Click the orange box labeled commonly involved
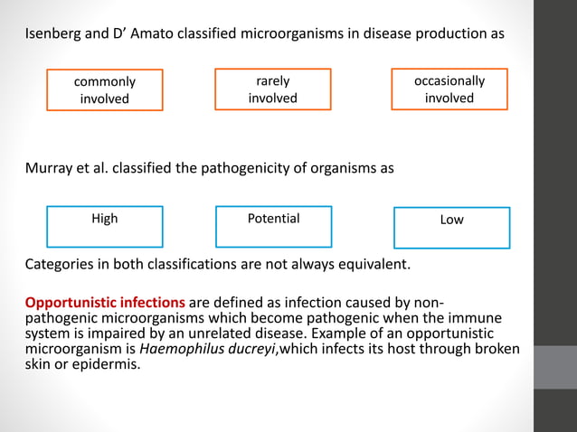coord(105,89)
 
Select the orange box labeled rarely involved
coord(272,89)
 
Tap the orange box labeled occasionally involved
coord(449,89)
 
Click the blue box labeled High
coord(105,227)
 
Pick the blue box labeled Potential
coord(273,227)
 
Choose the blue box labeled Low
coord(451,228)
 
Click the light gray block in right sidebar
coord(554,367)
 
